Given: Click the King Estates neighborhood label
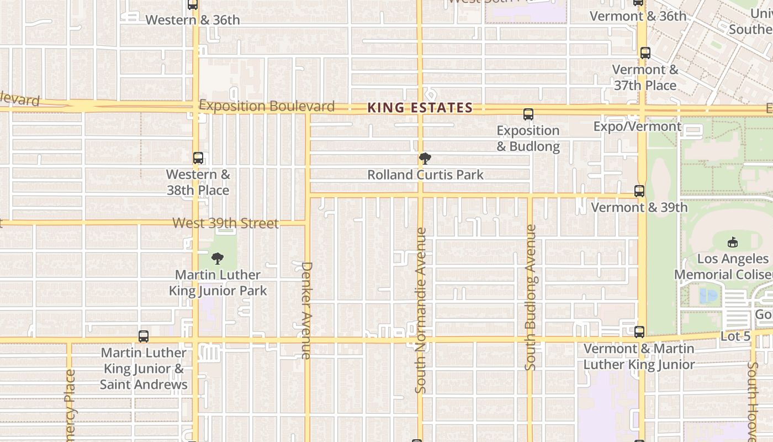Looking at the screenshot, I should tap(420, 108).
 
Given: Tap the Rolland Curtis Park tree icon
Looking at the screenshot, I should tap(425, 159).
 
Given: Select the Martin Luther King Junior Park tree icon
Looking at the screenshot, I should tap(218, 259).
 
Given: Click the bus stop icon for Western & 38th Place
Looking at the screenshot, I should tap(198, 158).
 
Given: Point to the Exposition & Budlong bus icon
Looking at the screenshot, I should tap(528, 114).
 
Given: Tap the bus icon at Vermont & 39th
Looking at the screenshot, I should tap(639, 191).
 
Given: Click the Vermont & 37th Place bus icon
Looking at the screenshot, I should tap(645, 53).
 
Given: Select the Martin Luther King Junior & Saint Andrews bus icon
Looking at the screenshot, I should tap(144, 336).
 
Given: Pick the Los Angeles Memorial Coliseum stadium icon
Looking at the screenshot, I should tap(732, 242).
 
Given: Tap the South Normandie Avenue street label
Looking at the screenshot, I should tap(421, 311).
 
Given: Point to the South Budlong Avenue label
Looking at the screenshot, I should tap(531, 297).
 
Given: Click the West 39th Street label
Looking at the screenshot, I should tap(225, 223).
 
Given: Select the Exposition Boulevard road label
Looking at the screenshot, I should tap(267, 106).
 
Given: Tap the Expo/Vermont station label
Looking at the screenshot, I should tap(637, 127).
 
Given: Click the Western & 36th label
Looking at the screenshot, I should tap(193, 20).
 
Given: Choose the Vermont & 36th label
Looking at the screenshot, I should tap(638, 17).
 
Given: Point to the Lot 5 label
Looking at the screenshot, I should tap(735, 336).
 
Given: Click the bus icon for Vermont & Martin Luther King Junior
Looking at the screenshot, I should tap(639, 332).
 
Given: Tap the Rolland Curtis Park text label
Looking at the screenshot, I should tap(425, 175).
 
